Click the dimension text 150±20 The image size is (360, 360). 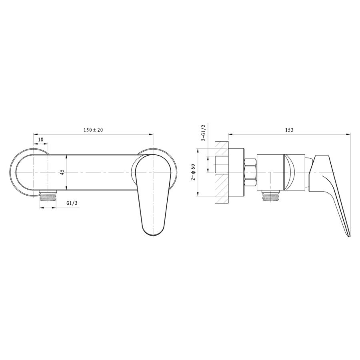pyautogui.click(x=93, y=130)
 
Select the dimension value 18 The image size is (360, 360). pyautogui.click(x=41, y=139)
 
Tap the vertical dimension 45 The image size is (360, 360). pyautogui.click(x=62, y=172)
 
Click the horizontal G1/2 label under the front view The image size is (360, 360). pyautogui.click(x=72, y=203)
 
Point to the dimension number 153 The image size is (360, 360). pyautogui.click(x=289, y=130)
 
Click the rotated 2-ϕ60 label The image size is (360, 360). pyautogui.click(x=193, y=172)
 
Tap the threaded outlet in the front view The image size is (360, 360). pyautogui.click(x=48, y=196)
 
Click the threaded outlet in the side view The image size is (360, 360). pyautogui.click(x=271, y=196)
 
